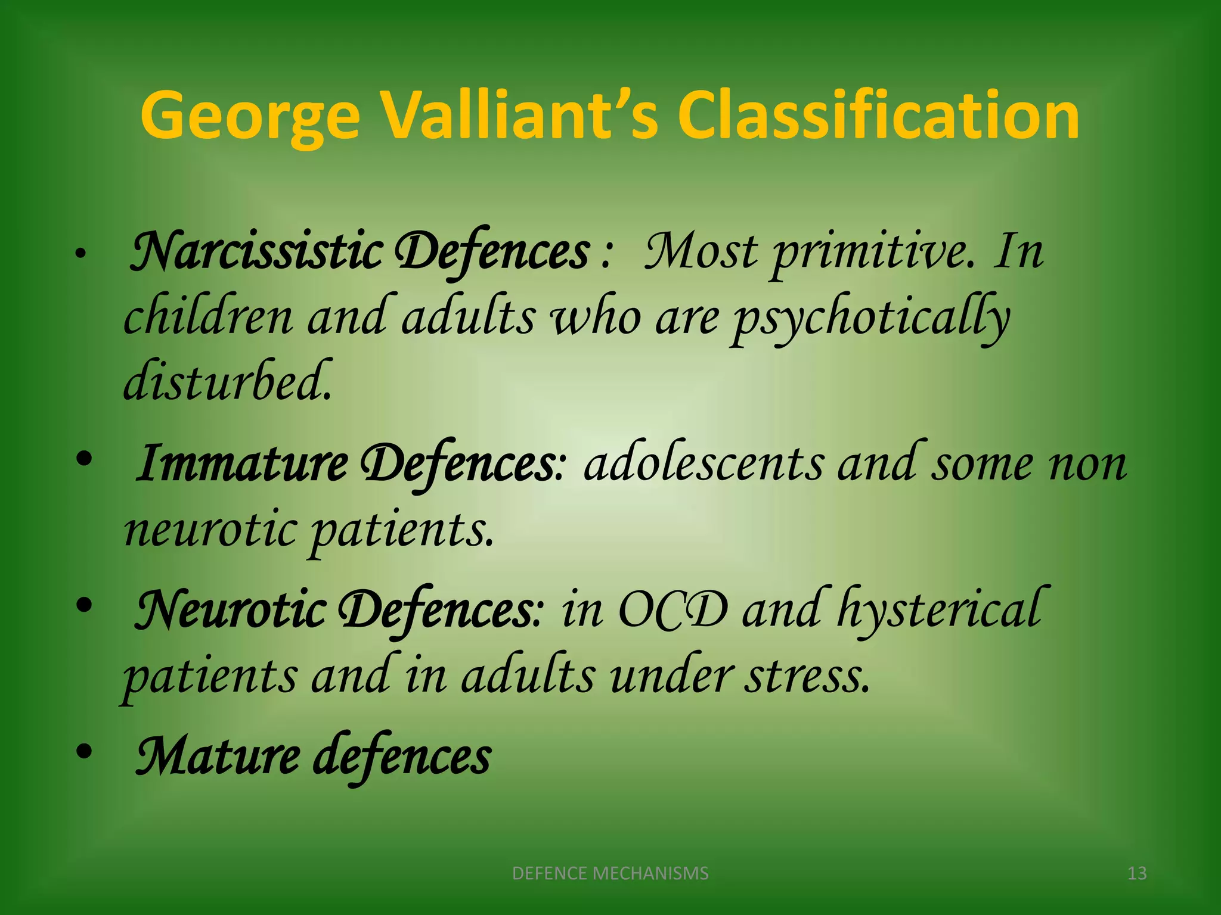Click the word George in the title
(250, 116)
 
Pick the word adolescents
(704, 464)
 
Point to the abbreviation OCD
(673, 611)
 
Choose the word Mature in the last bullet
(218, 757)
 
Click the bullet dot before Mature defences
(84, 752)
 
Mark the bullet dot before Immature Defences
(84, 459)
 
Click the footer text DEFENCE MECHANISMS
(610, 873)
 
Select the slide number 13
(1137, 873)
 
